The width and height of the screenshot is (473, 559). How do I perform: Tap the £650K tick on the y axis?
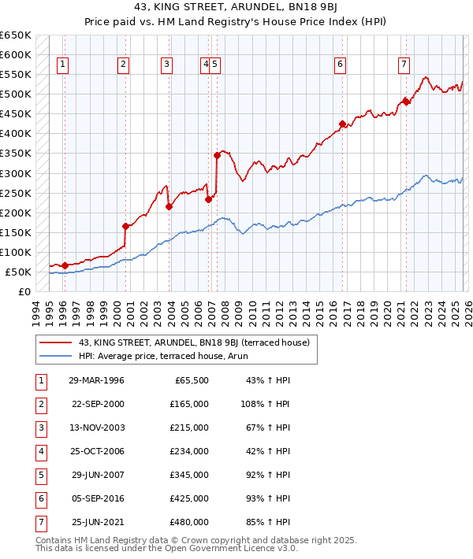point(16,35)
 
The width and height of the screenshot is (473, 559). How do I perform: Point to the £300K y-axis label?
point(16,173)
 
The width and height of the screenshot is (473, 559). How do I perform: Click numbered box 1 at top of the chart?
point(62,65)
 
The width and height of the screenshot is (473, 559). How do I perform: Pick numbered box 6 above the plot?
point(340,65)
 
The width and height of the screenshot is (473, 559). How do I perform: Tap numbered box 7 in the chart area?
point(404,65)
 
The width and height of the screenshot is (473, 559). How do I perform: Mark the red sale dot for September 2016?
point(342,124)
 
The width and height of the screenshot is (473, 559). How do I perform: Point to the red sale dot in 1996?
point(65,265)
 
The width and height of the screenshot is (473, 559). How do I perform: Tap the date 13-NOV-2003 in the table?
point(98,428)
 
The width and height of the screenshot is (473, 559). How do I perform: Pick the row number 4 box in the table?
point(40,451)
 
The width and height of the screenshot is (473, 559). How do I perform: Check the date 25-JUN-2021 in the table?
point(98,522)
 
